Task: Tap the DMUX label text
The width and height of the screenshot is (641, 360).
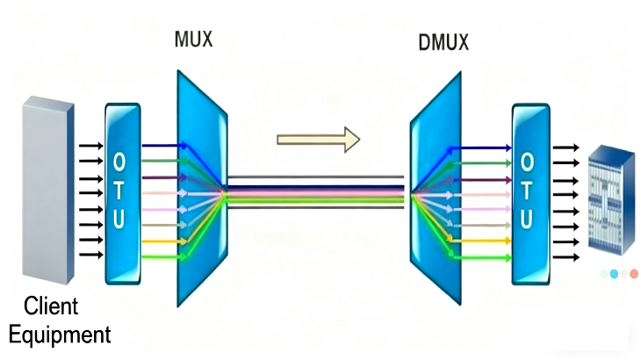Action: coord(444,41)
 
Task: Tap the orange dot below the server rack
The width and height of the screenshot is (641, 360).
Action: coord(634,274)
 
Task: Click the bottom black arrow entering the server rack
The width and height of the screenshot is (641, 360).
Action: coord(567,256)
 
